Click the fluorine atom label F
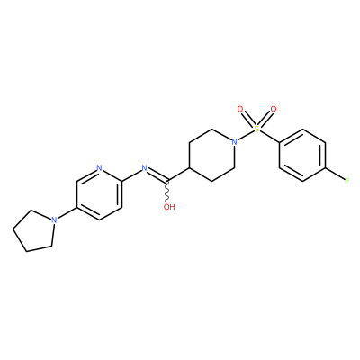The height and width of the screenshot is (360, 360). coord(346,181)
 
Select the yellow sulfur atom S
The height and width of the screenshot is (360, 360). coord(256,129)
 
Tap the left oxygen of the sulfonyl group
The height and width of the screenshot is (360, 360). coord(240,109)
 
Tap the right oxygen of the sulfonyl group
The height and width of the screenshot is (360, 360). coord(273,109)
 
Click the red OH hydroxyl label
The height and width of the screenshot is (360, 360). coord(169,207)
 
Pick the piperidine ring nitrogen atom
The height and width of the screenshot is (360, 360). coord(234,141)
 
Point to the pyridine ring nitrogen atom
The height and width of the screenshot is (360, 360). coord(100,167)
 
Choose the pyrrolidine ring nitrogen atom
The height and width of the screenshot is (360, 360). coord(54,220)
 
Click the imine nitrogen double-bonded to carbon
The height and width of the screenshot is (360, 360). coord(144,168)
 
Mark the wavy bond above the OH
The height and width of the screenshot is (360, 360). coord(167,191)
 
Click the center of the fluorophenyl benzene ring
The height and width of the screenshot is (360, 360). coord(302,155)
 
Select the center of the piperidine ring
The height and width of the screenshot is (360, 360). coord(211,155)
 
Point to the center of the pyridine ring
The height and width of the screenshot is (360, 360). coord(100,193)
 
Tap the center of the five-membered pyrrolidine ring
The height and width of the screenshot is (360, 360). coord(35,231)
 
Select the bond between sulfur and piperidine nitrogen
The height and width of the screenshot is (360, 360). coord(246,135)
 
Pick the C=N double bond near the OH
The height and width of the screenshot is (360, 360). coord(157,175)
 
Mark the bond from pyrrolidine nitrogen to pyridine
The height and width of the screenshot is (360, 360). coord(67,213)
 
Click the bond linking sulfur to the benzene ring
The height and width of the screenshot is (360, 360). coord(269,136)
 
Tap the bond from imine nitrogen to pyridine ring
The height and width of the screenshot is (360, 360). coord(131,175)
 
